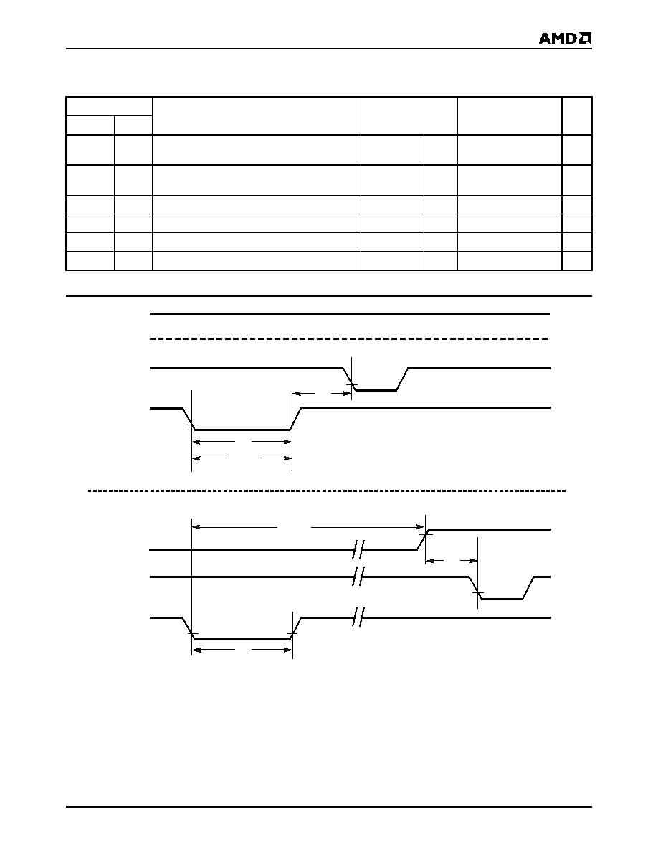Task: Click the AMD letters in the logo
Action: pyautogui.click(x=558, y=39)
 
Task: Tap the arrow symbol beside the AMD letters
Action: pyautogui.click(x=586, y=39)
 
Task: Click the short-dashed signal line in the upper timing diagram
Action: pyautogui.click(x=351, y=339)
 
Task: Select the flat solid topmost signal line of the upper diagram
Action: pyautogui.click(x=351, y=313)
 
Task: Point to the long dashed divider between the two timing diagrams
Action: pyautogui.click(x=327, y=491)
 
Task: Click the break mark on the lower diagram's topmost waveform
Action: pyautogui.click(x=358, y=549)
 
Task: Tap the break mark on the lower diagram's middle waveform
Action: pyautogui.click(x=358, y=577)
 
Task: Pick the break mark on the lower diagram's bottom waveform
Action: pyautogui.click(x=358, y=617)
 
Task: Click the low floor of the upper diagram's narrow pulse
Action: pyautogui.click(x=375, y=390)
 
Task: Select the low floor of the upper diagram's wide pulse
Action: pyautogui.click(x=243, y=430)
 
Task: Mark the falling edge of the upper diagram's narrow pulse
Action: pyautogui.click(x=348, y=379)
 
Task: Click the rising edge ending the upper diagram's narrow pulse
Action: pyautogui.click(x=402, y=379)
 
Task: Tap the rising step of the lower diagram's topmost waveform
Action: pyautogui.click(x=423, y=539)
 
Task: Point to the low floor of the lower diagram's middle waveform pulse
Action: pyautogui.click(x=502, y=599)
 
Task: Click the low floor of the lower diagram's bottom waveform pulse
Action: pyautogui.click(x=243, y=640)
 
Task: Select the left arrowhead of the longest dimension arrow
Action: pyautogui.click(x=196, y=526)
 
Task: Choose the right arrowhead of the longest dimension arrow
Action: pyautogui.click(x=421, y=526)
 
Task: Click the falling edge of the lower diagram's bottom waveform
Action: pyautogui.click(x=189, y=629)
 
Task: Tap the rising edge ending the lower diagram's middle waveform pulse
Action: pyautogui.click(x=529, y=588)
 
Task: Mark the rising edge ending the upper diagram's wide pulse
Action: pyautogui.click(x=297, y=418)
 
